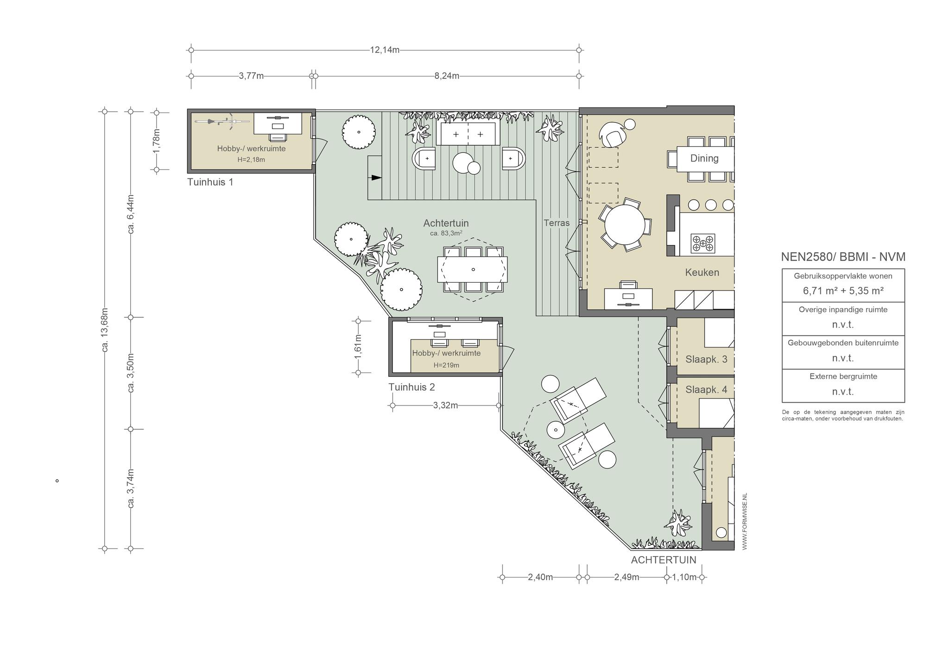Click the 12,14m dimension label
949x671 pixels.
click(x=385, y=50)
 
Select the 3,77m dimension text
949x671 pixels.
click(x=251, y=76)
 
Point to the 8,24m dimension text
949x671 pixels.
click(x=447, y=76)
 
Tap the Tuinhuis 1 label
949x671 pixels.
click(x=210, y=182)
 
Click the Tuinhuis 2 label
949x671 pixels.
click(x=411, y=387)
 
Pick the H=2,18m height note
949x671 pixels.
click(x=251, y=160)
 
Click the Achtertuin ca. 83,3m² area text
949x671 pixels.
click(x=446, y=228)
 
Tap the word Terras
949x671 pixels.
click(x=557, y=223)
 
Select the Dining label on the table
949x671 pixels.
click(x=704, y=158)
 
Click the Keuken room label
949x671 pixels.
click(x=702, y=272)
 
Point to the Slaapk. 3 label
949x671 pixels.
click(x=706, y=359)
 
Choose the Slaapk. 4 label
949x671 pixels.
click(x=706, y=390)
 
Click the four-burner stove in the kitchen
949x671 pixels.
click(x=703, y=243)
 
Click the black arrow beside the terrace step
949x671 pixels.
click(x=376, y=178)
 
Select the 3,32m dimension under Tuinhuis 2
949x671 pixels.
click(x=445, y=406)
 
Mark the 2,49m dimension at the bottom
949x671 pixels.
click(x=627, y=577)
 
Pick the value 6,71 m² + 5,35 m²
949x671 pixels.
click(x=843, y=291)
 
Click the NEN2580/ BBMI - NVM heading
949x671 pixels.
click(x=843, y=257)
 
